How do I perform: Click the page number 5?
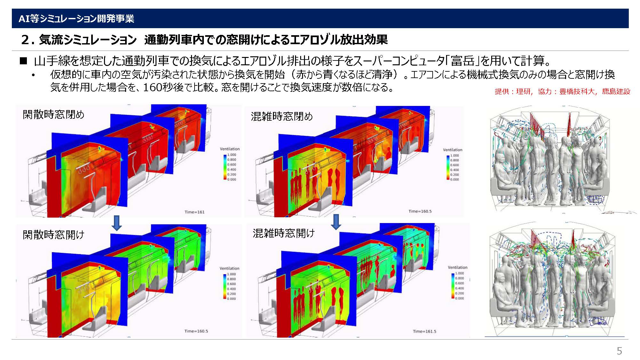click(x=619, y=351)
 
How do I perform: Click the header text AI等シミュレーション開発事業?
click(x=76, y=19)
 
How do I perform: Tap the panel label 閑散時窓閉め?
click(x=53, y=114)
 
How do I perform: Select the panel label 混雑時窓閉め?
click(x=282, y=116)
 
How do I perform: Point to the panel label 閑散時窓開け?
click(x=53, y=235)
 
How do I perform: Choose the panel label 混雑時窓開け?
click(x=284, y=233)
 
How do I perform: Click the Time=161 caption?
click(x=195, y=212)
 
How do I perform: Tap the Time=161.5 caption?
click(x=425, y=332)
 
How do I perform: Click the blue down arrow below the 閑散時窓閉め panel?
click(x=117, y=223)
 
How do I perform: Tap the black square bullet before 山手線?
click(x=23, y=60)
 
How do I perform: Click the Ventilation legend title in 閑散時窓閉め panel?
click(x=229, y=149)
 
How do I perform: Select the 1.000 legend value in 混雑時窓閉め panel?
click(x=454, y=156)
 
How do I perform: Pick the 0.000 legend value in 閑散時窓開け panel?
click(x=231, y=299)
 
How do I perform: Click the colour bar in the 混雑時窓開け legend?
click(x=453, y=286)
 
